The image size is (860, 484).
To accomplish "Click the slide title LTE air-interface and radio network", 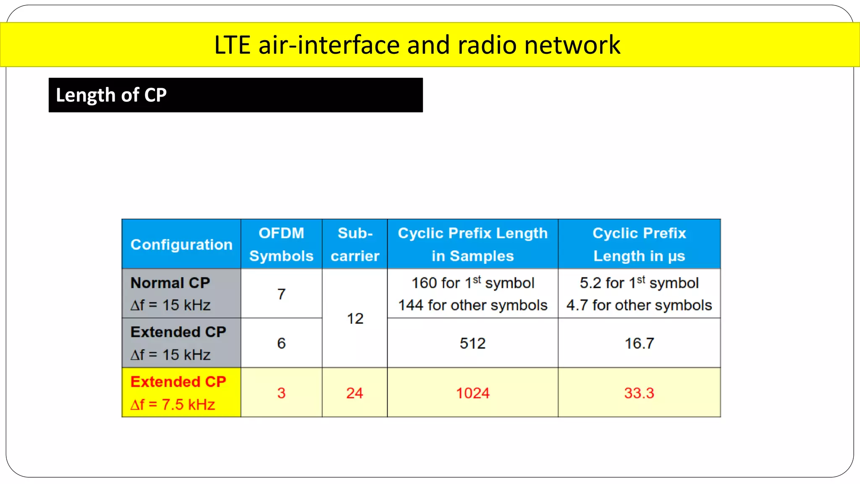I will pyautogui.click(x=417, y=45).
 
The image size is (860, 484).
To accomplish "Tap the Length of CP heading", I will pyautogui.click(x=111, y=95).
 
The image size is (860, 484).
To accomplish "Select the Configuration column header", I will pyautogui.click(x=181, y=245).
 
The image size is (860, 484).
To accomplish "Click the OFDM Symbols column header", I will pyautogui.click(x=281, y=245).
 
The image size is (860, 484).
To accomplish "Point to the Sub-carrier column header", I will pyautogui.click(x=355, y=245).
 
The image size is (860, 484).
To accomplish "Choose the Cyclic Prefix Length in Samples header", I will pyautogui.click(x=472, y=245).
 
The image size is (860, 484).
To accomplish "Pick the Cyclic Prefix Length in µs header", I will pyautogui.click(x=639, y=245).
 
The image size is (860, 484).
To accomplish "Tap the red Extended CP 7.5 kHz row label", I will pyautogui.click(x=178, y=393).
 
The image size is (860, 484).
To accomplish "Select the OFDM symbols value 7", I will pyautogui.click(x=281, y=294).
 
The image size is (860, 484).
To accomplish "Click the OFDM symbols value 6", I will pyautogui.click(x=281, y=343).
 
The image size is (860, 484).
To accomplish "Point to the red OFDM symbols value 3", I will pyautogui.click(x=281, y=393).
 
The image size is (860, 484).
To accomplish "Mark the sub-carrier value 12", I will pyautogui.click(x=355, y=318).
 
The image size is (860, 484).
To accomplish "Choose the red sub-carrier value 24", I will pyautogui.click(x=355, y=393).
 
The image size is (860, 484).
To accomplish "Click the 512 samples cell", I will pyautogui.click(x=472, y=343).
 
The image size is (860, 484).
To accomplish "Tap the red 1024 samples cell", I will pyautogui.click(x=473, y=393).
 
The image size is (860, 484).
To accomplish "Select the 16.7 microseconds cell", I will pyautogui.click(x=639, y=343).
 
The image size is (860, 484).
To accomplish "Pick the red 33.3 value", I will pyautogui.click(x=639, y=393).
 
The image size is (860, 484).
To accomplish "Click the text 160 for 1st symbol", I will pyautogui.click(x=472, y=283).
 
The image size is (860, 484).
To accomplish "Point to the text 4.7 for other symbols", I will pyautogui.click(x=639, y=305).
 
